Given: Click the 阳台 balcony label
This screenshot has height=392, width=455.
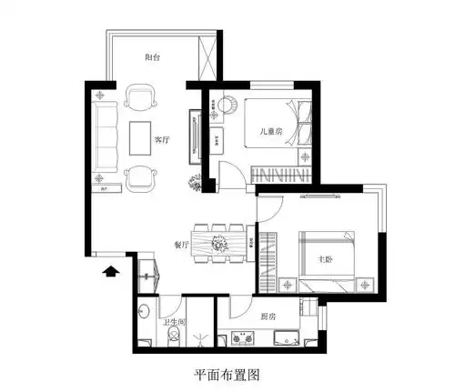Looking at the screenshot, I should [154, 56].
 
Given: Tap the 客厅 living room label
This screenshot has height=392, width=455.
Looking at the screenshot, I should [162, 140].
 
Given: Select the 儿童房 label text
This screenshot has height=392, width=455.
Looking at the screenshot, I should [270, 131].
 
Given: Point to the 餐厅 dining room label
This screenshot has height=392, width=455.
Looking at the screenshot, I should [181, 245].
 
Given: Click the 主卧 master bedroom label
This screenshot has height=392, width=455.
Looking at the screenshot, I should [324, 259].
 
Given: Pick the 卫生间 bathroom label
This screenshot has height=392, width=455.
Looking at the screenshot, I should [175, 321].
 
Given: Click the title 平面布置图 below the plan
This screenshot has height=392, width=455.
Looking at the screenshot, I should [228, 374].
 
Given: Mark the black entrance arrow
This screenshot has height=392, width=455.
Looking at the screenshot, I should [111, 270].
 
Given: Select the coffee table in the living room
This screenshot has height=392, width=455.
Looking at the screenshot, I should [139, 138].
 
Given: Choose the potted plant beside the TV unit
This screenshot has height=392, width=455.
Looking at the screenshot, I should [195, 182].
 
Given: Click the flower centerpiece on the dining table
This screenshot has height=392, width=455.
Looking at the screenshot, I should [218, 243].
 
